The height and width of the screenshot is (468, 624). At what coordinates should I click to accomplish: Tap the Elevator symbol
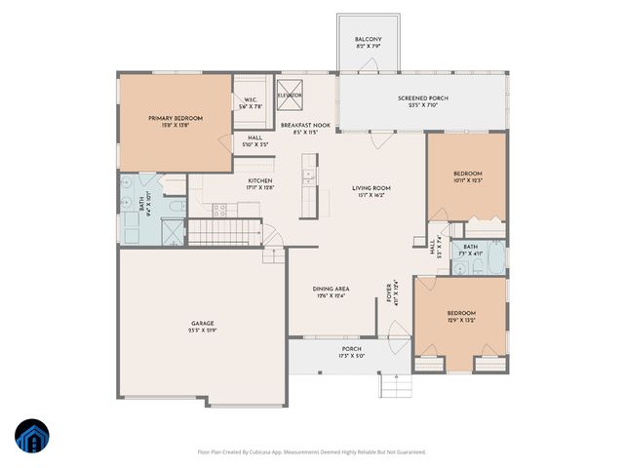point(291,96)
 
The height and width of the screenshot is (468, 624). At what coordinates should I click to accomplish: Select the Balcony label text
point(368,41)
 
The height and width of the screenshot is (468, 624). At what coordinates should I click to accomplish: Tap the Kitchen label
point(259,180)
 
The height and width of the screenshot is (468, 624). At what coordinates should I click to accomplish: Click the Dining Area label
point(331,289)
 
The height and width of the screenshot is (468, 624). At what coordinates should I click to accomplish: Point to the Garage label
point(202,323)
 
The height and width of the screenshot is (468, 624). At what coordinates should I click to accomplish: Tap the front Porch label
point(351,348)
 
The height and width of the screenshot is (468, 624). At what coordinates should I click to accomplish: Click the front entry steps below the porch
point(393,385)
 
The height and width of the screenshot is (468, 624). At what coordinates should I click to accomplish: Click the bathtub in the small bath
point(494,258)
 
